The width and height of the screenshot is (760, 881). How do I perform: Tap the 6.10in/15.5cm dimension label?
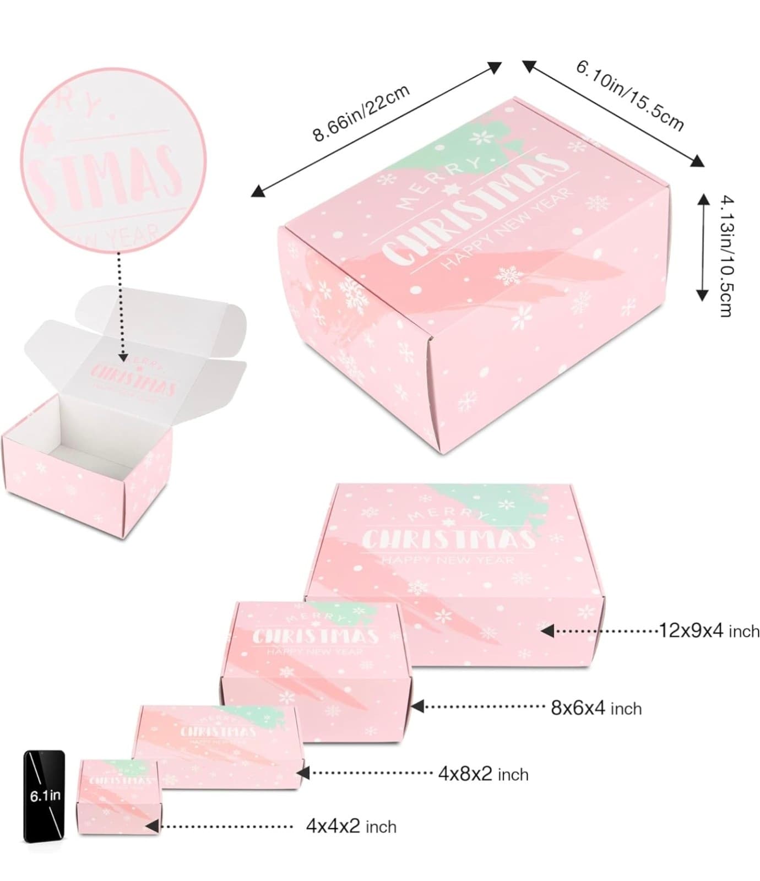[630, 96]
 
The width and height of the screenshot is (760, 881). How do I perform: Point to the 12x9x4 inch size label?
[709, 630]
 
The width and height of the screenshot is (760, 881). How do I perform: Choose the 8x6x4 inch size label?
[596, 708]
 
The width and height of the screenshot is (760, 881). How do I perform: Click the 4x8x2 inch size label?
[483, 774]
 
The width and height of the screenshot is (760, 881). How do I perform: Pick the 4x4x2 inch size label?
[351, 826]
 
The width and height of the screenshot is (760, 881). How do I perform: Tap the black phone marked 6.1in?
[44, 795]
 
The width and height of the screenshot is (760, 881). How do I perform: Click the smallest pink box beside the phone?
[118, 796]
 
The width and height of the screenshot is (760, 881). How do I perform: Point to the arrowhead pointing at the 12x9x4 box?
[547, 631]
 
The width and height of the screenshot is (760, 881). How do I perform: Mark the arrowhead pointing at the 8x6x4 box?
[417, 706]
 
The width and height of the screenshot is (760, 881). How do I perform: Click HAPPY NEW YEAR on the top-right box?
[507, 231]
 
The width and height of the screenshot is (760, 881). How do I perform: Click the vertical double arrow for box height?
[702, 247]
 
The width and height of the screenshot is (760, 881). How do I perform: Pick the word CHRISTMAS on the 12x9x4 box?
[449, 539]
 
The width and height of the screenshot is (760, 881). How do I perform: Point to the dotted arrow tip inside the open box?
[123, 358]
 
